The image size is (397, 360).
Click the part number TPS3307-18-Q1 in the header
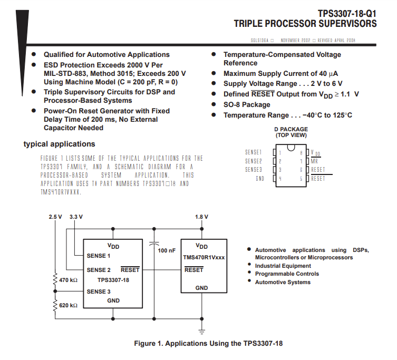coord(347,13)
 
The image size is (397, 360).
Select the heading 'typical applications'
coord(59,144)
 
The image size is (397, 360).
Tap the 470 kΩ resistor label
coord(69,280)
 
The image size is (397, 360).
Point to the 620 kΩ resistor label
coord(69,305)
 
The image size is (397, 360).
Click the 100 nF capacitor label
coord(167,250)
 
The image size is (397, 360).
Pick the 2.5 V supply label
coord(55,217)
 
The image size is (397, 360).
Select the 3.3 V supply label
coord(76,217)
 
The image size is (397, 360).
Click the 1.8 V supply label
coord(201,217)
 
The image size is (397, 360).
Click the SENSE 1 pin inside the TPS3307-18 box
coord(99,256)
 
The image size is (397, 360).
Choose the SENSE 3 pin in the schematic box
coord(99,291)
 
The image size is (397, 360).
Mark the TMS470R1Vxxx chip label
coord(204,258)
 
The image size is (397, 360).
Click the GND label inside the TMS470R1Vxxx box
coord(201,288)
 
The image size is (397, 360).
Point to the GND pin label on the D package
coord(259,179)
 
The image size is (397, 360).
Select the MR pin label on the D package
coord(314,161)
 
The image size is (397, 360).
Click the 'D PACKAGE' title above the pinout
coord(291,129)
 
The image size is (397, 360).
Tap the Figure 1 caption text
coord(208,344)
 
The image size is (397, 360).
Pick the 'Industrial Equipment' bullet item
coord(283,266)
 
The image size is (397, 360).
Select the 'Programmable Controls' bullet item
coord(287,274)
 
